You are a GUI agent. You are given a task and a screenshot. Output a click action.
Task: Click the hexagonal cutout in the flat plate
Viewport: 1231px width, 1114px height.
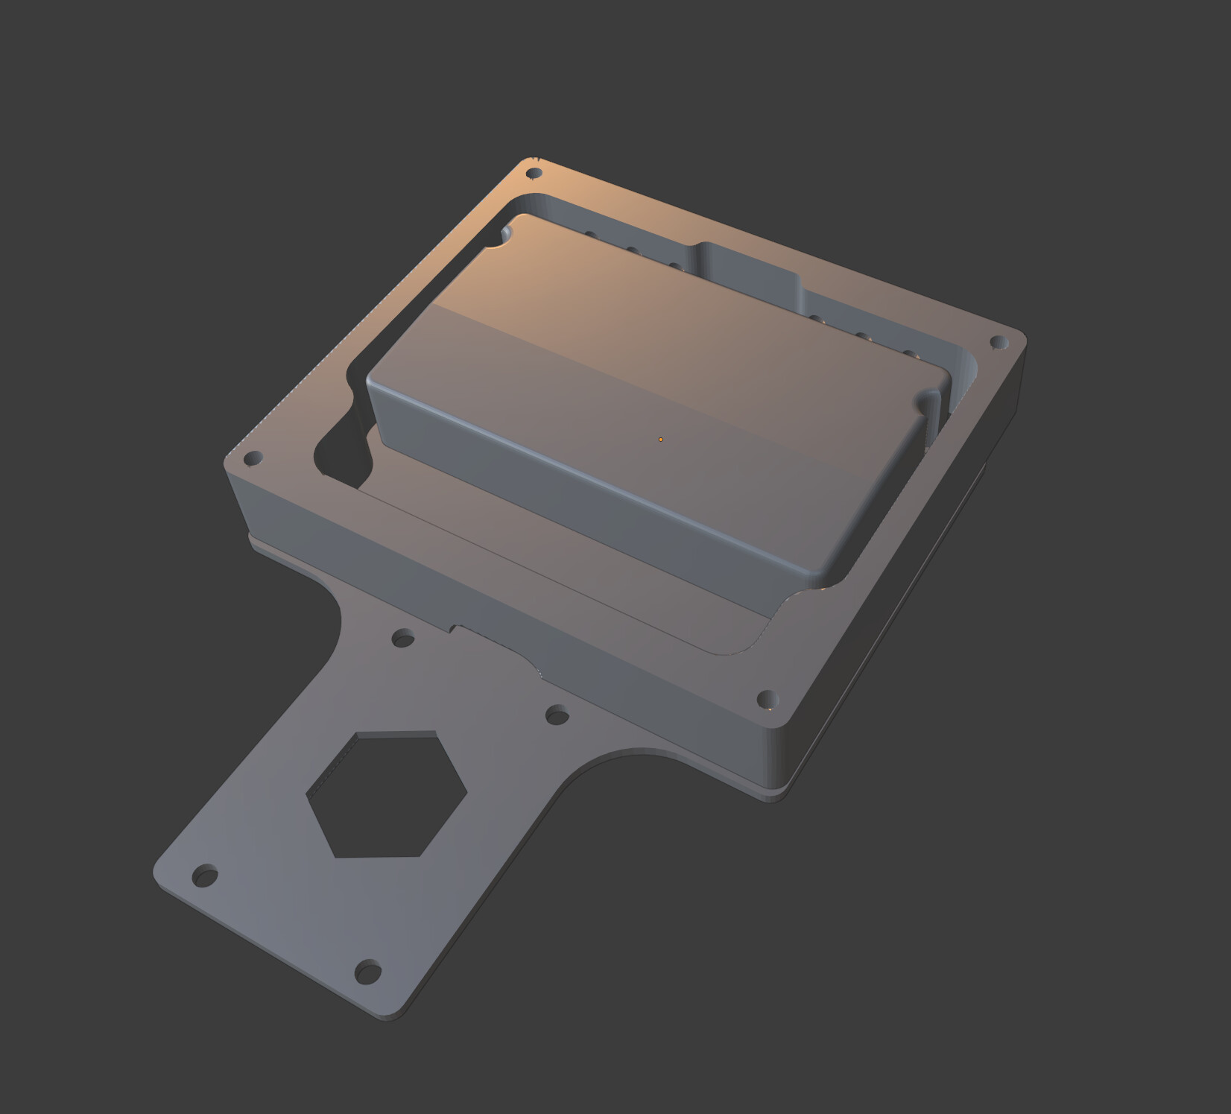(386, 794)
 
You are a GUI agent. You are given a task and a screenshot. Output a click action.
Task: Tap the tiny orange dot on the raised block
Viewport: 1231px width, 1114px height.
(660, 440)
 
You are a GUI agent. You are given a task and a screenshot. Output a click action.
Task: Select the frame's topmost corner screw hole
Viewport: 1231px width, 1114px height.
(534, 174)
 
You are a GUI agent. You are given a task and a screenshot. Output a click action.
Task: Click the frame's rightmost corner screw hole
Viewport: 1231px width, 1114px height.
(998, 342)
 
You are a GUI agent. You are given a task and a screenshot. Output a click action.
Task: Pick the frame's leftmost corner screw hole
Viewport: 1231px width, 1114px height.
(253, 457)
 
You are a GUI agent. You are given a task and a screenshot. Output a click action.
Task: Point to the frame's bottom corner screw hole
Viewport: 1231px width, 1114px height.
(767, 699)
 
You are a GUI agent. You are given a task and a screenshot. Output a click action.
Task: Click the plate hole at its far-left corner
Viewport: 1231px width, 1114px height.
(204, 875)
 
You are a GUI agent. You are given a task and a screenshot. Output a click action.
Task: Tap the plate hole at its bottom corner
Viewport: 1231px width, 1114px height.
(367, 972)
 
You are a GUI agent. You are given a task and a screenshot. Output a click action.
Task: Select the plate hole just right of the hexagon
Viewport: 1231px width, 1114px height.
(557, 716)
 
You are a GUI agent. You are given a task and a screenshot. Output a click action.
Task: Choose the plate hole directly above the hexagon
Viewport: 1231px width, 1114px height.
(403, 638)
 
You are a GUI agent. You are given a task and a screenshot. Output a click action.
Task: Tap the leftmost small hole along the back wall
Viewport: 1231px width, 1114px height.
(589, 235)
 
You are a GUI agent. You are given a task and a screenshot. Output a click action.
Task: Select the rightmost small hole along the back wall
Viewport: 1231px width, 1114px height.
(908, 355)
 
